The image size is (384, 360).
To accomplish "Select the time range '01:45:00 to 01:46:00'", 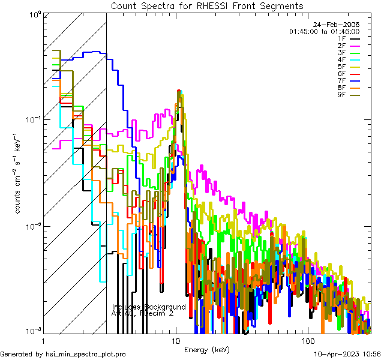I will pos(324,31).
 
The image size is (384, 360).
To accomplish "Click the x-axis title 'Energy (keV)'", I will pos(206,349).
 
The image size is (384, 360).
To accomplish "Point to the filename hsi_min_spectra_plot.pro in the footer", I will pos(85,355).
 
